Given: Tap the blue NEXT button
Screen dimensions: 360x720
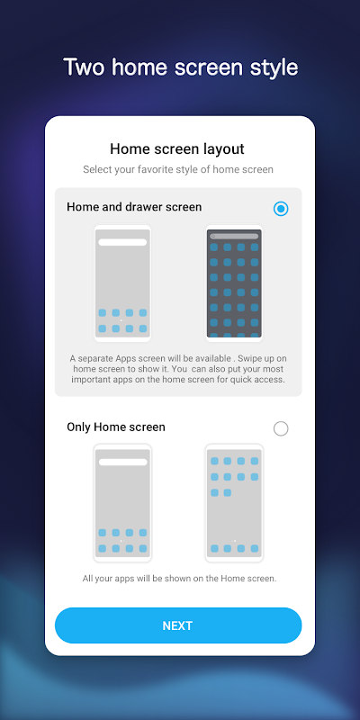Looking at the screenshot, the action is pyautogui.click(x=178, y=625).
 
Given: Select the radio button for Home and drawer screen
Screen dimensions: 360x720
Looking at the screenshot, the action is pyautogui.click(x=281, y=209).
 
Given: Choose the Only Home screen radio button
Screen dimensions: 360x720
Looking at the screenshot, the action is pyautogui.click(x=281, y=429).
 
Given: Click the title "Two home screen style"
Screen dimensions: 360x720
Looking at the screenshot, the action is pyautogui.click(x=181, y=67).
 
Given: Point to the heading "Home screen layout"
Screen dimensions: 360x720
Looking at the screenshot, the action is pyautogui.click(x=177, y=149).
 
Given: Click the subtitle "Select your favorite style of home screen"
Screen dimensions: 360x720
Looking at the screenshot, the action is pyautogui.click(x=178, y=169).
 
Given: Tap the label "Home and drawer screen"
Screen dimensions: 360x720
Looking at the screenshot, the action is pyautogui.click(x=134, y=207).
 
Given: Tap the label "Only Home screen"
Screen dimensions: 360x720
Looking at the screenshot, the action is pyautogui.click(x=116, y=427).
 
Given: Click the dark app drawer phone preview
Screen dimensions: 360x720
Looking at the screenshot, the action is pyautogui.click(x=234, y=283).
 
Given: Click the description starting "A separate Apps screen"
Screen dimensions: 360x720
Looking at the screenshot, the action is pyautogui.click(x=178, y=369).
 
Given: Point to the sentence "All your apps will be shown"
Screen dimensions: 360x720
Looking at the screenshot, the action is pyautogui.click(x=179, y=579).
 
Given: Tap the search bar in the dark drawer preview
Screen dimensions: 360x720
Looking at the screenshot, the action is pyautogui.click(x=234, y=237).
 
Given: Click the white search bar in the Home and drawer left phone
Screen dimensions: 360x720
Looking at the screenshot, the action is pyautogui.click(x=122, y=242).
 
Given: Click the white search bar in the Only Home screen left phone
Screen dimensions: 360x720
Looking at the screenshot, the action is pyautogui.click(x=123, y=462).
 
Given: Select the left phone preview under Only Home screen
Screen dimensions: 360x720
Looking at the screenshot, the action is pyautogui.click(x=122, y=503).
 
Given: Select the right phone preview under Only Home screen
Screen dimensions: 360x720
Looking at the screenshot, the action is pyautogui.click(x=234, y=503).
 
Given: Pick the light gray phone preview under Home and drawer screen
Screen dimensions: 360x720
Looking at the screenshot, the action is pyautogui.click(x=122, y=283).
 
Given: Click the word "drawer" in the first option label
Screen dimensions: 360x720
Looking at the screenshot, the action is pyautogui.click(x=141, y=207).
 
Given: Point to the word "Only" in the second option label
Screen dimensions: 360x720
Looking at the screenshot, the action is pyautogui.click(x=78, y=427).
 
